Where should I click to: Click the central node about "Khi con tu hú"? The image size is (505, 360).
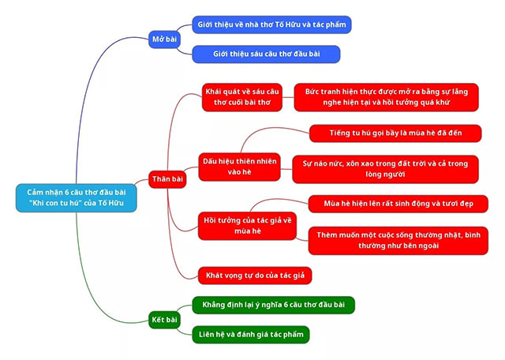[76, 197]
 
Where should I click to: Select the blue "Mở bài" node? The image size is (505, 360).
[166, 39]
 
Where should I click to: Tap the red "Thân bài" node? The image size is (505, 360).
[167, 179]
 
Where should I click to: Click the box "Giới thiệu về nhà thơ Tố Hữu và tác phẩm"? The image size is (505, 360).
[271, 24]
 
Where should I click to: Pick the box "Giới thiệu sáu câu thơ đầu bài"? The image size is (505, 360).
[266, 54]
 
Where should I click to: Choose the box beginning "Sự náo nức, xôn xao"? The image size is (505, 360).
[385, 169]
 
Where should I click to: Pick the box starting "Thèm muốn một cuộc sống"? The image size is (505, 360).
[392, 240]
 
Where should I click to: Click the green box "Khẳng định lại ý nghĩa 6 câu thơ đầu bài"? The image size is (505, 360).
[273, 305]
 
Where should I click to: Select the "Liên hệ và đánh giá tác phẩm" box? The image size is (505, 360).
[250, 335]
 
